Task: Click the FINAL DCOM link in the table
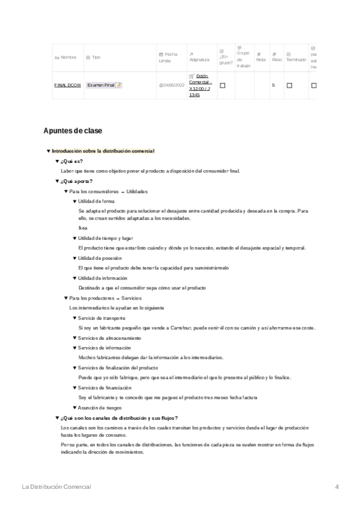[67, 85]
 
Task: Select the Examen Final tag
[104, 85]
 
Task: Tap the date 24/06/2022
[172, 85]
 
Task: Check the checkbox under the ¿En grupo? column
[222, 85]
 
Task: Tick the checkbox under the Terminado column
[289, 85]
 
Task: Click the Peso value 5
[273, 85]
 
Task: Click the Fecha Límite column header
[168, 57]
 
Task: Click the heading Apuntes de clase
[73, 131]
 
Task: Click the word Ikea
[83, 228]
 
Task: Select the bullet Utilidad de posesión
[100, 257]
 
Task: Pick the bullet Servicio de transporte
[102, 318]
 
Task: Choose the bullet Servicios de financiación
[105, 387]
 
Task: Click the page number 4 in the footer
[337, 486]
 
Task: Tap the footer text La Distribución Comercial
[56, 486]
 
